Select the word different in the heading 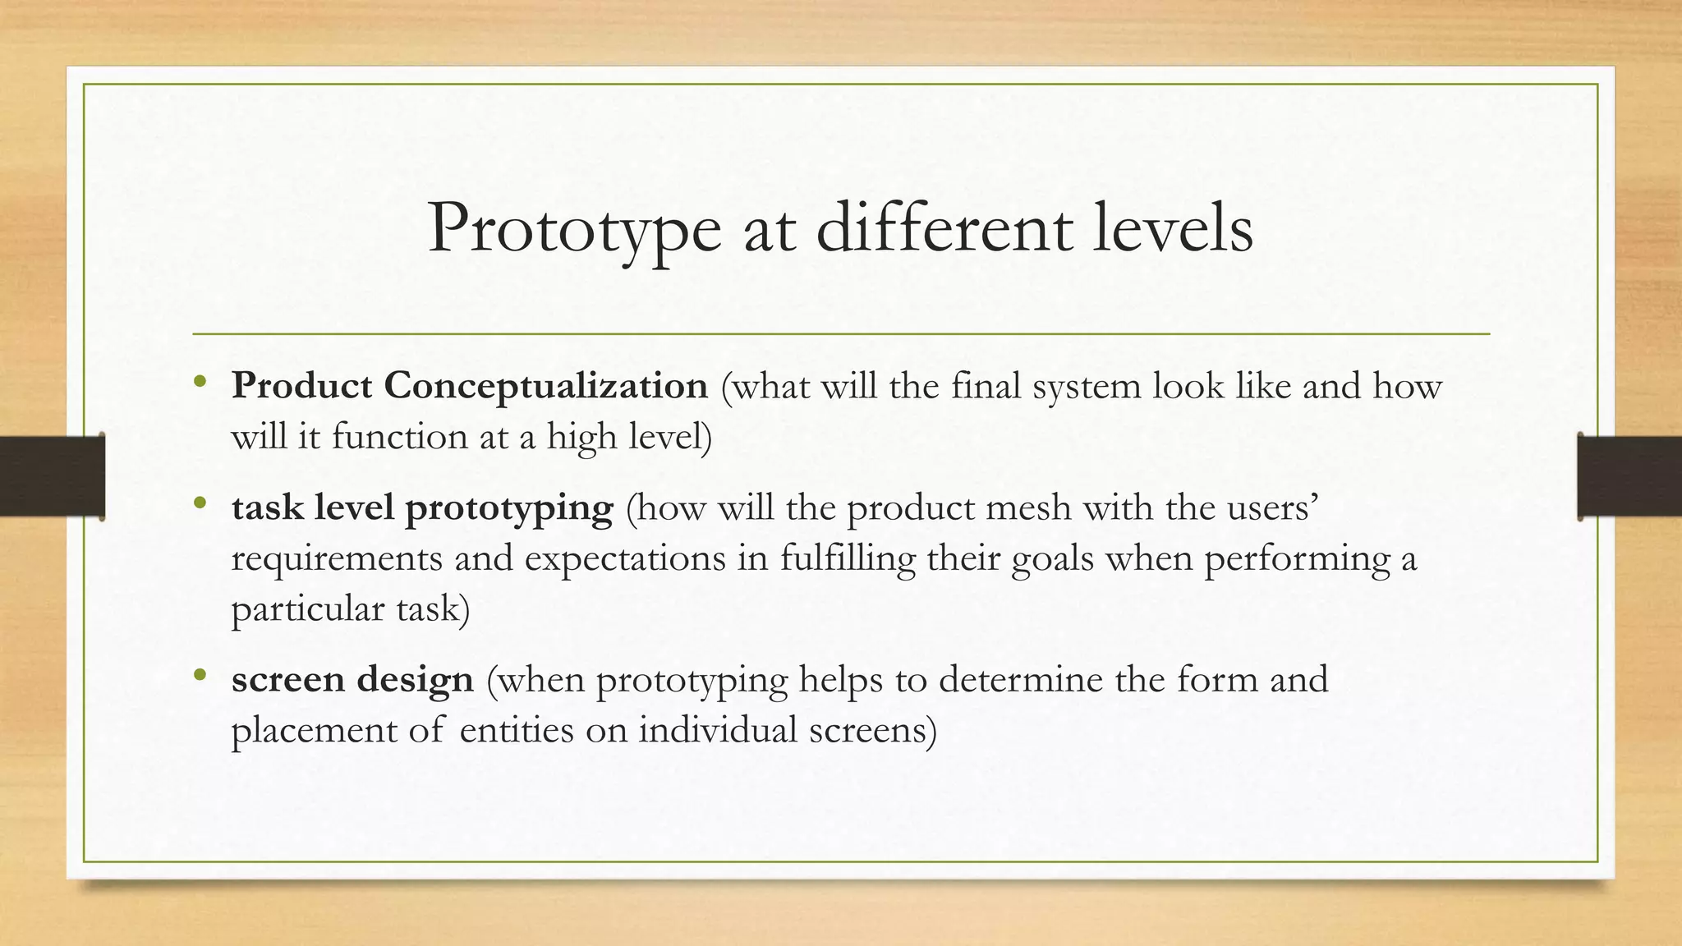click(944, 228)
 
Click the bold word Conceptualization click(545, 386)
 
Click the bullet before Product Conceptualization click(200, 382)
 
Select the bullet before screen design click(200, 675)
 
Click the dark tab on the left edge click(52, 476)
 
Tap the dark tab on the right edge click(1629, 476)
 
